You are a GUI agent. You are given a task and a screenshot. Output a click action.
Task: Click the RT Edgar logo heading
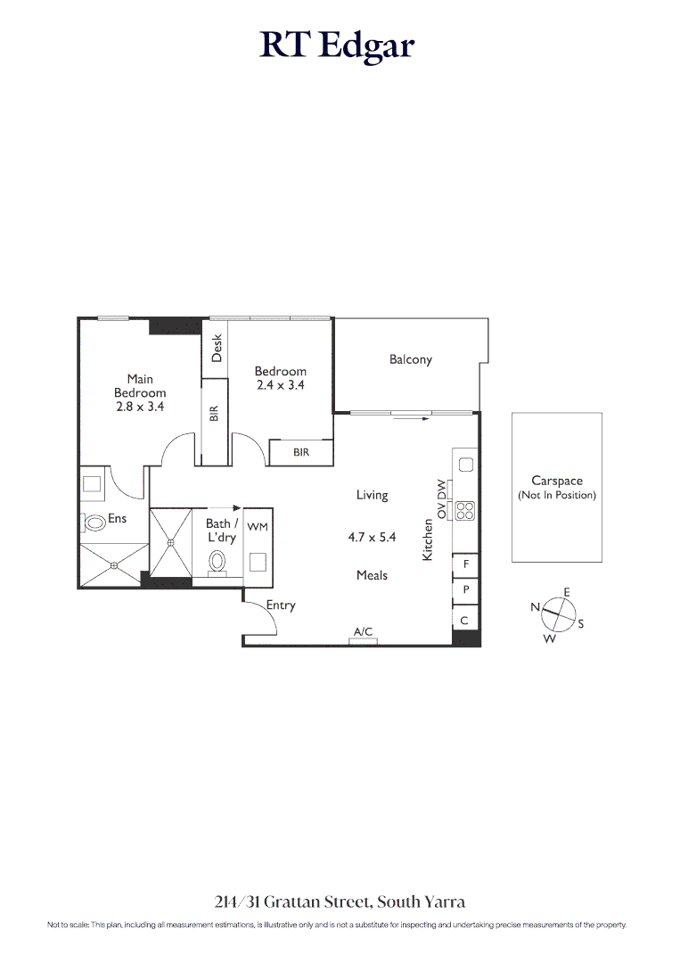click(x=338, y=45)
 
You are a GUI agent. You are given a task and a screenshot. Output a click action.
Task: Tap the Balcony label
click(x=410, y=359)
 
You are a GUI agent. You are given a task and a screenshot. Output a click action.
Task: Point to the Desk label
click(x=217, y=348)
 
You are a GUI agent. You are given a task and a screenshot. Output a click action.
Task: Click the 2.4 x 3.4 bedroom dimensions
click(x=280, y=386)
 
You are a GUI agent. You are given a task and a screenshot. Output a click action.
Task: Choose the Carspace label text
click(x=556, y=481)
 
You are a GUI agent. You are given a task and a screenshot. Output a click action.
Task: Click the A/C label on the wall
click(x=363, y=632)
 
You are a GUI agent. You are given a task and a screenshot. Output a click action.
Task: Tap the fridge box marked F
click(x=466, y=565)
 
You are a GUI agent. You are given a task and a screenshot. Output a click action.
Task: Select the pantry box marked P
click(x=466, y=591)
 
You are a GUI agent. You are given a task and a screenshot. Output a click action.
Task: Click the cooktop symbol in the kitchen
click(x=465, y=511)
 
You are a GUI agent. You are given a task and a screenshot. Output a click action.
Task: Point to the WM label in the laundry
click(x=258, y=527)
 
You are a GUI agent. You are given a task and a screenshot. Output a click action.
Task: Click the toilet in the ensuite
click(x=95, y=523)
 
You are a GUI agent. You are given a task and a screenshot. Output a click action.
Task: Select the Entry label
click(x=281, y=605)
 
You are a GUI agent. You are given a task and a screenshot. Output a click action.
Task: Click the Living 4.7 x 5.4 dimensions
click(x=372, y=538)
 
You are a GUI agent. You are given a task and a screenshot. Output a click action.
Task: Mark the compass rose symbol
click(x=558, y=613)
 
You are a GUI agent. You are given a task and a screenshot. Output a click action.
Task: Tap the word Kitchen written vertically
click(x=428, y=540)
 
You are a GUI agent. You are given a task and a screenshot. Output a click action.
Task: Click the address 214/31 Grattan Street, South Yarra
click(x=340, y=902)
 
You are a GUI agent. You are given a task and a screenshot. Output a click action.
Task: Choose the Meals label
click(x=372, y=575)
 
